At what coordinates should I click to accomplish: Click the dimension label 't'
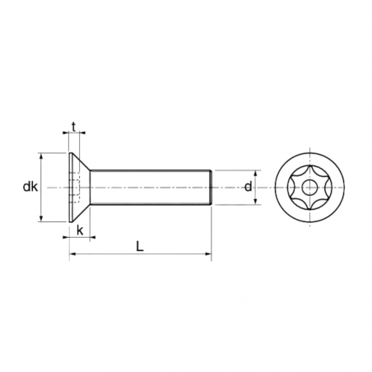75,126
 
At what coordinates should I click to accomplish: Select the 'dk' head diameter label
30,188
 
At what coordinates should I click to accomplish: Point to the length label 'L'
141,246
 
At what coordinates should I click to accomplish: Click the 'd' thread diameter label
248,187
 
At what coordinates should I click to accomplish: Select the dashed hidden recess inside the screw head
77,187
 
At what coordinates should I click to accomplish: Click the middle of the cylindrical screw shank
150,187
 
